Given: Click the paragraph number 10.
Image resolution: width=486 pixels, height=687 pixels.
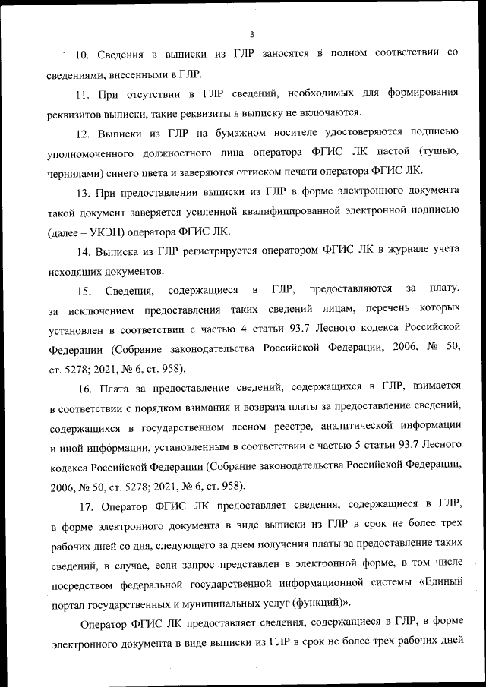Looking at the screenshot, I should pyautogui.click(x=83, y=54).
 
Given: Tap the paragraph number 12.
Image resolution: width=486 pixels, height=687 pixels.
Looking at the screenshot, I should pyautogui.click(x=83, y=133).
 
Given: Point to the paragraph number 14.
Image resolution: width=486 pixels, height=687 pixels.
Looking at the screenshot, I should pyautogui.click(x=83, y=251).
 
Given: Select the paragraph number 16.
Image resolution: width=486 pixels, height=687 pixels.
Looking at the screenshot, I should pyautogui.click(x=83, y=388).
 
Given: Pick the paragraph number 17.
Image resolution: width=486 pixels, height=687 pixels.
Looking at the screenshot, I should pyautogui.click(x=83, y=506).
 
